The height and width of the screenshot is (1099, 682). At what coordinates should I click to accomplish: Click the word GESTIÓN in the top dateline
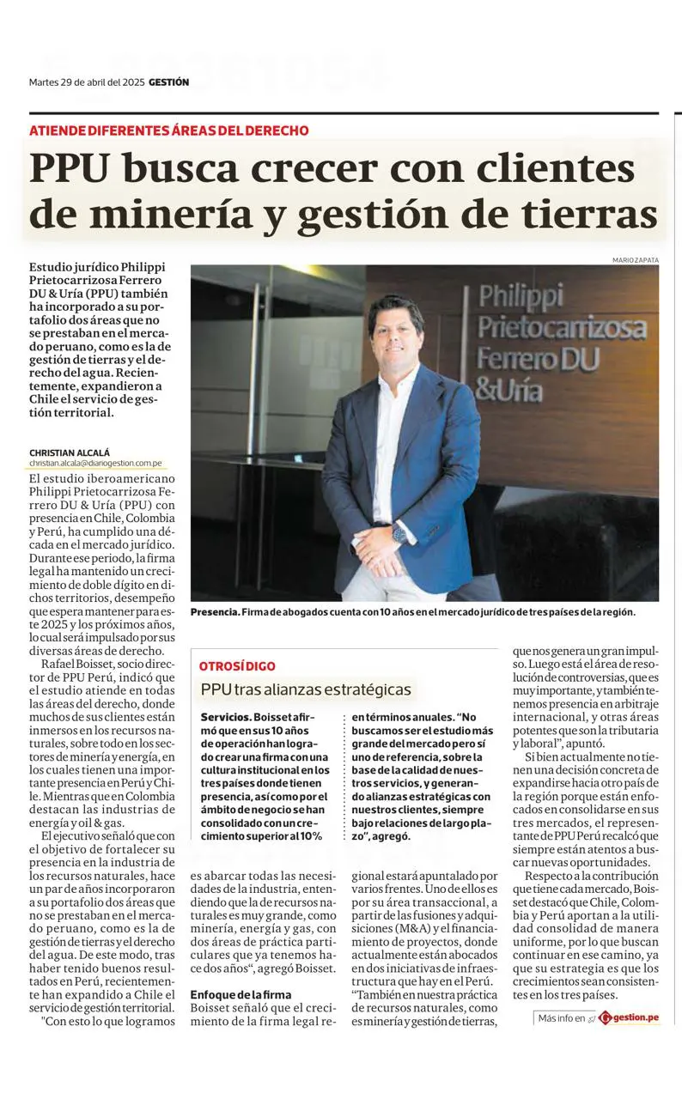click(168, 82)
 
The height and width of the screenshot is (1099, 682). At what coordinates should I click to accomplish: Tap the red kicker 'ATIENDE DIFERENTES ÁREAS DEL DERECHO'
click(168, 131)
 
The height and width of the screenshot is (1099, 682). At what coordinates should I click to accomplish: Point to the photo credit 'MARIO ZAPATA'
click(636, 259)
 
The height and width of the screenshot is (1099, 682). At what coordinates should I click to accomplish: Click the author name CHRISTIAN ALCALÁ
click(70, 452)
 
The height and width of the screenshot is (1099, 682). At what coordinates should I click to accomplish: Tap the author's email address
click(95, 463)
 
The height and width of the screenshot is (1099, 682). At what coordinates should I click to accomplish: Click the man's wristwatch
click(399, 533)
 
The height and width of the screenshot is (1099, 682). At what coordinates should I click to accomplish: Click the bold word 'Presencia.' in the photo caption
click(215, 612)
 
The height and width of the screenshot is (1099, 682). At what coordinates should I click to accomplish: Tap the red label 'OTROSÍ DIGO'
click(238, 665)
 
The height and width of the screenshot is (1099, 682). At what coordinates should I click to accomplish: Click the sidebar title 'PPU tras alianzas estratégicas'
click(306, 689)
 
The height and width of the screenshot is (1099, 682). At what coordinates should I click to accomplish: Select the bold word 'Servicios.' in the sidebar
click(226, 716)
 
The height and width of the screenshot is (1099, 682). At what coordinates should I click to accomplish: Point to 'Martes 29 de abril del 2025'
click(86, 82)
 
